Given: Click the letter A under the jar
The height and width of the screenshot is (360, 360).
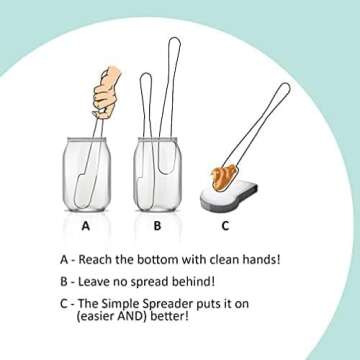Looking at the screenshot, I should tap(87, 226).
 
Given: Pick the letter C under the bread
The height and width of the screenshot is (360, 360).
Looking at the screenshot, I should tap(225, 226).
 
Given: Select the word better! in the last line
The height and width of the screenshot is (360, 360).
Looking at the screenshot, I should tap(173, 318).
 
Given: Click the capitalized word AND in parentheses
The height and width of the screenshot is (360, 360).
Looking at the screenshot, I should tap(139, 318).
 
